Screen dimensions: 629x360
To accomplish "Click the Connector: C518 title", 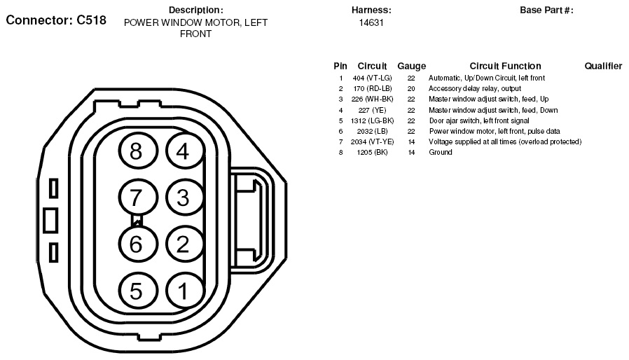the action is tap(56, 20).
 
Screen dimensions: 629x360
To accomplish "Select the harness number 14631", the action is tap(371, 23).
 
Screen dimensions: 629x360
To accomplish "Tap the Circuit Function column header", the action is tap(505, 66).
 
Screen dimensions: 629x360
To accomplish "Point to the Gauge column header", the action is tap(412, 67).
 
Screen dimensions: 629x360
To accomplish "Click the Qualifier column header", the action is tap(603, 66).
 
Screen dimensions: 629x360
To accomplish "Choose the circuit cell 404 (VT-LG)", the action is tap(372, 78).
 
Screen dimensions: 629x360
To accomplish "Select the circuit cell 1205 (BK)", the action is tap(372, 152).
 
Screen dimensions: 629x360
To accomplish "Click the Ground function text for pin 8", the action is tap(441, 152).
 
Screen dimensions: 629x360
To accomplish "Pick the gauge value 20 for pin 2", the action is tap(411, 89).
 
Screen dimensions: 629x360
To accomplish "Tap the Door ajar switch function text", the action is tap(479, 120).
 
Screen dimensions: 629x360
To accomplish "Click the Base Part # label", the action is tap(546, 11).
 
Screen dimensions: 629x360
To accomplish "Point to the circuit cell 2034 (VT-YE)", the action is tap(372, 141).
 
